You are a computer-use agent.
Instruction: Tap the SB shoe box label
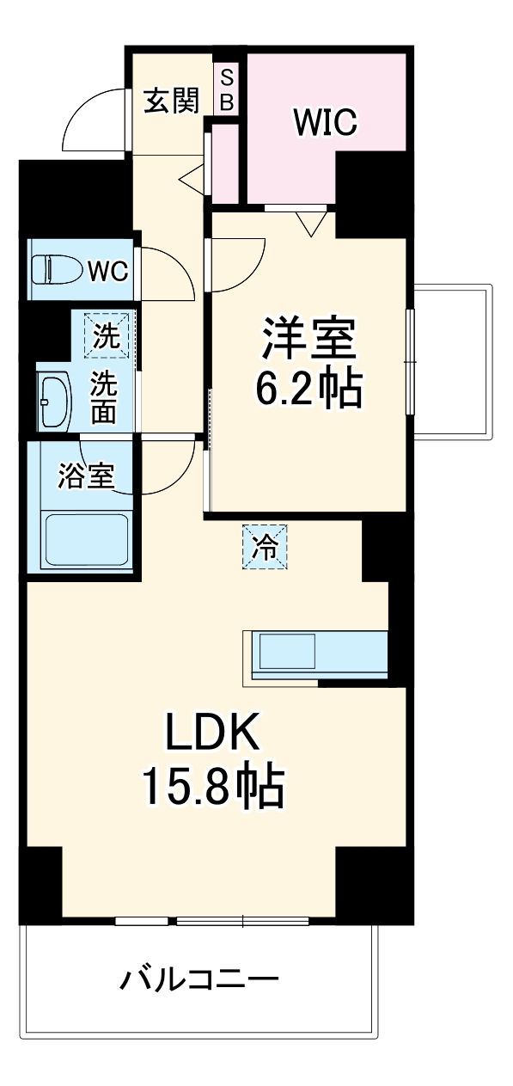(x=227, y=89)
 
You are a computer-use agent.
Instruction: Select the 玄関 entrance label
(x=173, y=101)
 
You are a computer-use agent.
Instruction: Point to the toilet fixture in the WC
(x=57, y=269)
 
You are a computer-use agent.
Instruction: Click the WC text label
(x=108, y=271)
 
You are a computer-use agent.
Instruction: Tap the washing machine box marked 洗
(x=107, y=335)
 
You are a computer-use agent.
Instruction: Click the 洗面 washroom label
(x=105, y=397)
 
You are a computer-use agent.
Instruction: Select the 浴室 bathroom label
(x=86, y=476)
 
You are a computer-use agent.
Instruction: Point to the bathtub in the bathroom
(x=86, y=540)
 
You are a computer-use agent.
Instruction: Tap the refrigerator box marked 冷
(x=265, y=547)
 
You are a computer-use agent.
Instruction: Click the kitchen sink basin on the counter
(x=288, y=652)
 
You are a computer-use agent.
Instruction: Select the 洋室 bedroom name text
(x=309, y=338)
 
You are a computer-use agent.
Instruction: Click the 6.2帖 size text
(x=309, y=388)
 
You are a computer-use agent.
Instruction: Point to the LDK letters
(x=211, y=733)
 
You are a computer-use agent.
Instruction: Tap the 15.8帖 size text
(x=212, y=789)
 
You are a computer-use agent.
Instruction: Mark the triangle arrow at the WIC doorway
(x=311, y=224)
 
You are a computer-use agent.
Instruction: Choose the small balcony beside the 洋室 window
(x=453, y=362)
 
